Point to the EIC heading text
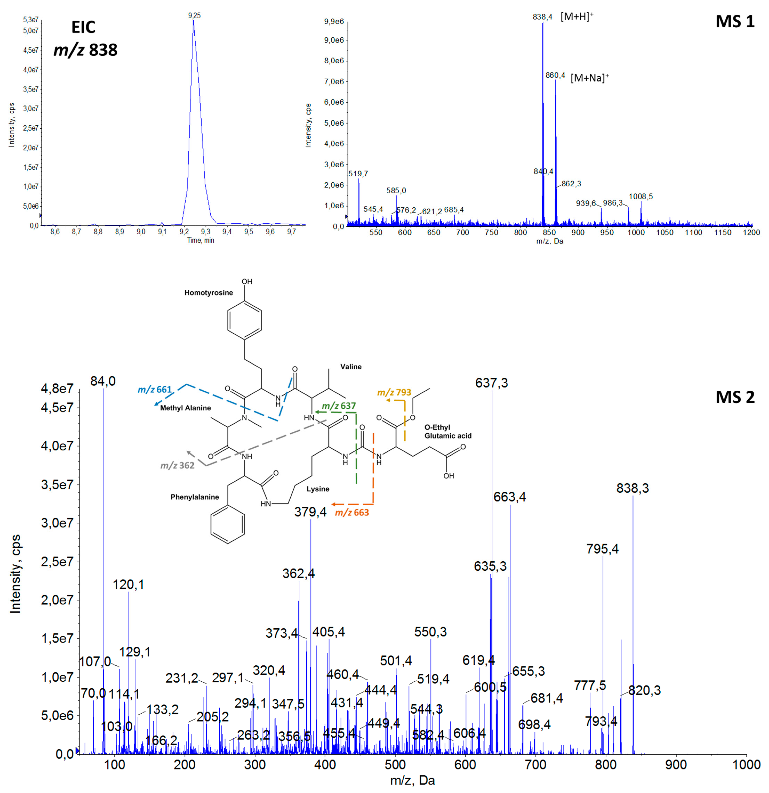pos(83,27)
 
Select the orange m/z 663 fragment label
pos(352,513)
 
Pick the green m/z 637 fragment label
pos(339,406)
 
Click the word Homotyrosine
pos(209,293)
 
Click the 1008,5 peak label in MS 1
pos(641,197)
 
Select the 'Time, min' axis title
pos(201,240)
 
